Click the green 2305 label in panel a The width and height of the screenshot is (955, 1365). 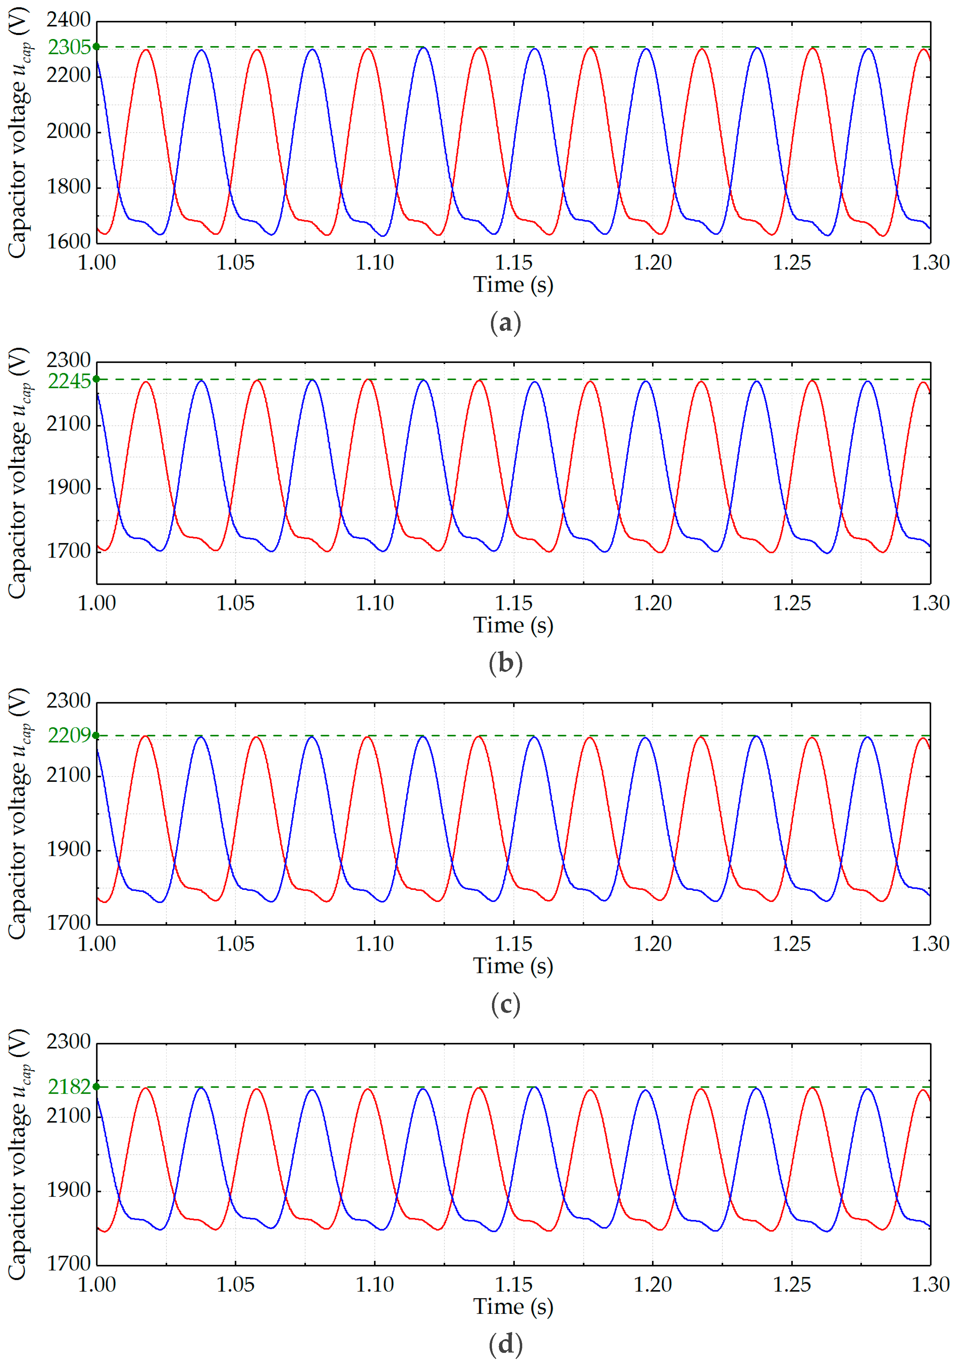pos(69,47)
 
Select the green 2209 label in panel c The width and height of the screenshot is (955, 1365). pos(69,735)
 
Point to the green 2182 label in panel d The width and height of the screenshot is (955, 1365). pos(69,1087)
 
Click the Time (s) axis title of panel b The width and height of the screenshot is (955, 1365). pos(513,625)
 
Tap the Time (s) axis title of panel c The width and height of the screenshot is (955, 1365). pos(513,965)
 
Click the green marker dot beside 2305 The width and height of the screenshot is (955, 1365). pos(96,46)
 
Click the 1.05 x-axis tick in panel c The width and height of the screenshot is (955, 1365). pos(235,944)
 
